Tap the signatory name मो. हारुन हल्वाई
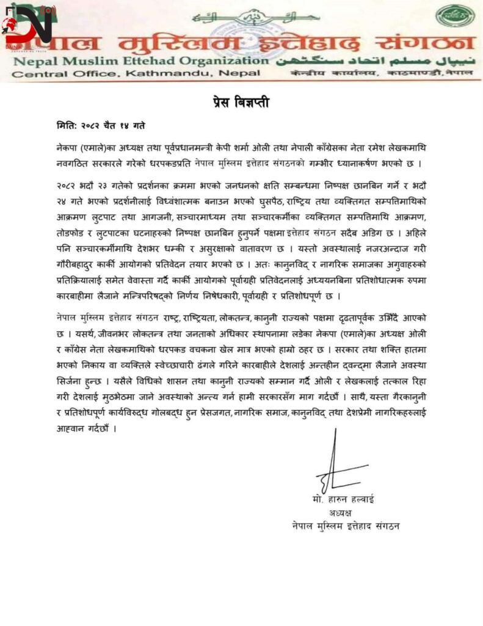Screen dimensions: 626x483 pos(342,499)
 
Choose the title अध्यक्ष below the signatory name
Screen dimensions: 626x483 pos(341,512)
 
